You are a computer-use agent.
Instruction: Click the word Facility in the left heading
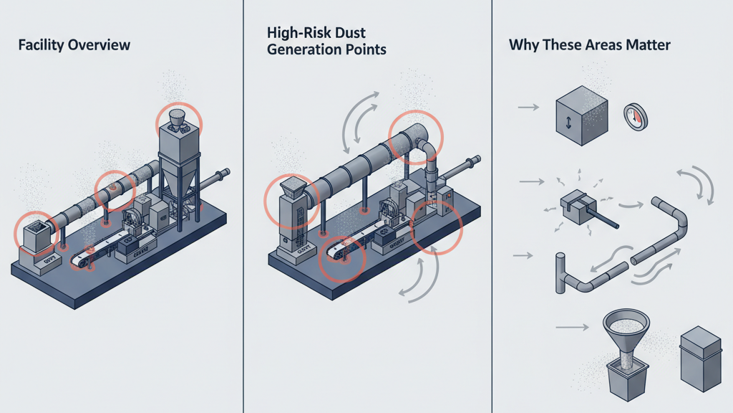point(40,45)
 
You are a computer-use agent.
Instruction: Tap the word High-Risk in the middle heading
point(295,33)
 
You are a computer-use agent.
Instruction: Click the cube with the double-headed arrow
point(581,115)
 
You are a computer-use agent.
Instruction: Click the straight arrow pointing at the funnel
point(570,328)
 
